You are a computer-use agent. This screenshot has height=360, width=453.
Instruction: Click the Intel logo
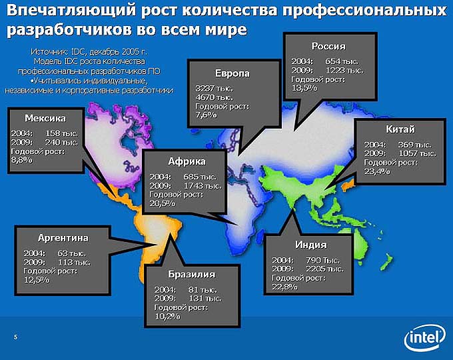tap(425, 337)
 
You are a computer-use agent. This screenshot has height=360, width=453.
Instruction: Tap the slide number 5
tap(15, 337)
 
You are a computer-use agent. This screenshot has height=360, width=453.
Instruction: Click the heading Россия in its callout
tap(328, 46)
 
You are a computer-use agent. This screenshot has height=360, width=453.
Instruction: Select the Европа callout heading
tap(232, 73)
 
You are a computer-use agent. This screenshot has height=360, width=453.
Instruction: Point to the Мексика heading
tap(45, 118)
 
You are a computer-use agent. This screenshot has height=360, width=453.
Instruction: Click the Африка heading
tap(187, 161)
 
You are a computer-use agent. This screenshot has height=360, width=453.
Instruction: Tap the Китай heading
tap(400, 129)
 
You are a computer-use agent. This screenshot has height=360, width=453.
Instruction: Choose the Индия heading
tap(311, 245)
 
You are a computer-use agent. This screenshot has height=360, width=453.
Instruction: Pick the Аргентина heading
tap(63, 238)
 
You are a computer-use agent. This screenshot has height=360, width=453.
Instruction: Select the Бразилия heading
tap(192, 275)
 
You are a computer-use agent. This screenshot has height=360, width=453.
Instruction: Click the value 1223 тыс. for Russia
tap(344, 70)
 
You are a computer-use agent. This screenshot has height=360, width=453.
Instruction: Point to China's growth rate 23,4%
tap(377, 171)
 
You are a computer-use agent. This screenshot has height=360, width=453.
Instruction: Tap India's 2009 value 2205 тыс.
tap(324, 269)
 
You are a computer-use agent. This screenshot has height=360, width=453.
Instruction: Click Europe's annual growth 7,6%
tap(206, 115)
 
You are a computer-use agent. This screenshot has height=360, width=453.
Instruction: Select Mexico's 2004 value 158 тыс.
tap(61, 133)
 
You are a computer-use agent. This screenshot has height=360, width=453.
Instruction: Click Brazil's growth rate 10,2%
tap(167, 317)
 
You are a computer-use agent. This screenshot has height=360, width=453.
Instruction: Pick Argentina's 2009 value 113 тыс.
tap(74, 262)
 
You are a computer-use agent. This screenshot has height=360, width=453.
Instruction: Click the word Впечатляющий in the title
tap(71, 11)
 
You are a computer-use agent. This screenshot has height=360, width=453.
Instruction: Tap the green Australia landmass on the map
tap(353, 244)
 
